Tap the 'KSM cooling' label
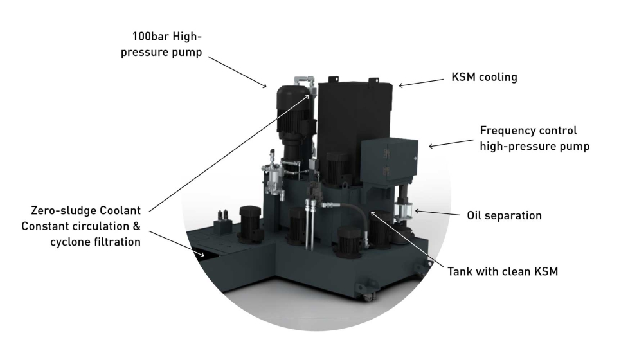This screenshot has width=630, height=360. point(484,78)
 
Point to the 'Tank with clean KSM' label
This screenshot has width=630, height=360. point(502,271)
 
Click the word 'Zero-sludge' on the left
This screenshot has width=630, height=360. point(62,210)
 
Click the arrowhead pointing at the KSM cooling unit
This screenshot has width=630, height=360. point(401,84)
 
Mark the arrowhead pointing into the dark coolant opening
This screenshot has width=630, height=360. point(202,255)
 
